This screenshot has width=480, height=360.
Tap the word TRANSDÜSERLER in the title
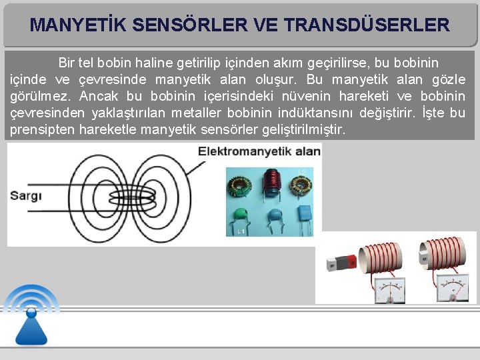(x=366, y=26)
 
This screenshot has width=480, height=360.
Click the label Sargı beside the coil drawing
(x=26, y=195)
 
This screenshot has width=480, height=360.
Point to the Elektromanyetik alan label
(x=259, y=152)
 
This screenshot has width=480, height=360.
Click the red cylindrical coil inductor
(x=271, y=184)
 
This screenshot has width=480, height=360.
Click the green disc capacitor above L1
(x=241, y=215)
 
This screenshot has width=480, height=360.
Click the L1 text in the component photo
(x=241, y=231)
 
